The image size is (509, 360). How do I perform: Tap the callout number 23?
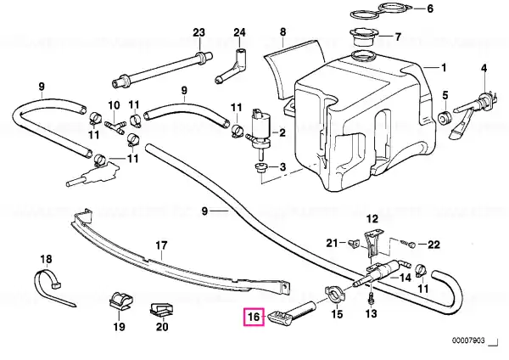click(199, 33)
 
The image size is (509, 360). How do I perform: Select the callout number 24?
click(240, 33)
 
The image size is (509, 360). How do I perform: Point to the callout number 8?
click(282, 33)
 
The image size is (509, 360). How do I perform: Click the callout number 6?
click(428, 9)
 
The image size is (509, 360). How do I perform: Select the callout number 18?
click(46, 258)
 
